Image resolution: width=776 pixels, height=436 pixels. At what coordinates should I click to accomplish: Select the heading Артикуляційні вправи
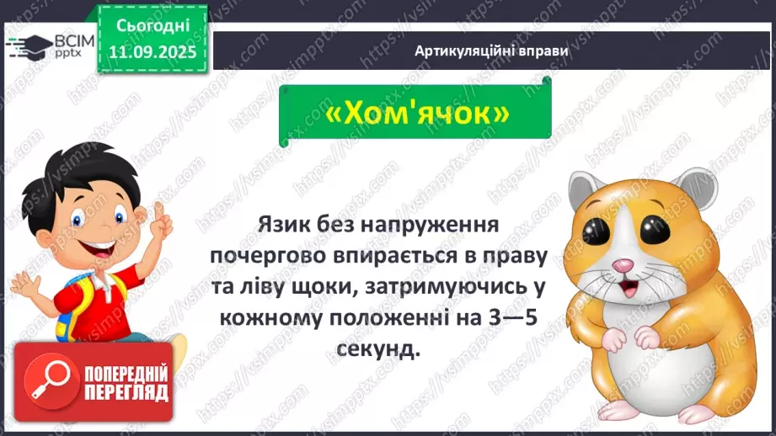[x=491, y=51]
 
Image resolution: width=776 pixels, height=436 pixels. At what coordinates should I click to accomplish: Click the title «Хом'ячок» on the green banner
[x=416, y=115]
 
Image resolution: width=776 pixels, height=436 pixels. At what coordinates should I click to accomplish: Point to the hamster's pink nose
[x=620, y=267]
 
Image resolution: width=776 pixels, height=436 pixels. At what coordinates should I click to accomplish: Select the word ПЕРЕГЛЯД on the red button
[x=125, y=392]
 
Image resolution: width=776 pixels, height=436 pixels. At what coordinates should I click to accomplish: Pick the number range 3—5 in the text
[x=502, y=320]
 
